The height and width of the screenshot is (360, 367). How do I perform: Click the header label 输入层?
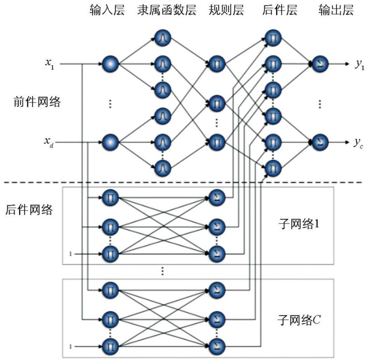click(x=107, y=10)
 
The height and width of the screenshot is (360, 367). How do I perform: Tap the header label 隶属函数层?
click(x=167, y=10)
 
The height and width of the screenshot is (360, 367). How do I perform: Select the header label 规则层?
click(x=226, y=10)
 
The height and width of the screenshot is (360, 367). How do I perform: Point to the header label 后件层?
click(x=280, y=10)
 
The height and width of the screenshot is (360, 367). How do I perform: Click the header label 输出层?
click(x=336, y=10)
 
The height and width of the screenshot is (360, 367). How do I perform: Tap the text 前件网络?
click(x=37, y=102)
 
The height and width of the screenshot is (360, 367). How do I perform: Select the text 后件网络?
click(x=29, y=209)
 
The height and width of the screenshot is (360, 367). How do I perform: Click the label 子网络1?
click(x=299, y=224)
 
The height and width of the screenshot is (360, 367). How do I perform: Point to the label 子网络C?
click(x=299, y=320)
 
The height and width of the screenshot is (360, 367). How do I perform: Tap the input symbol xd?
click(x=49, y=142)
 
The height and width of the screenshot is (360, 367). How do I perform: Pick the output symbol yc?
click(x=358, y=143)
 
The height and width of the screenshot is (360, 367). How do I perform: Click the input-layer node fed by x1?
click(x=111, y=64)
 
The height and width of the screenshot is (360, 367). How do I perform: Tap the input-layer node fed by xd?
click(x=111, y=142)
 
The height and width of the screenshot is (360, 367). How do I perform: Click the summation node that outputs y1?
click(x=320, y=64)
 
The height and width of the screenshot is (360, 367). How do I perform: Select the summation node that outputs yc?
click(x=320, y=142)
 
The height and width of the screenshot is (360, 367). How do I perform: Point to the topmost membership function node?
click(x=163, y=38)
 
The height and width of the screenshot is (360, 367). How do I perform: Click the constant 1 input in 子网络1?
click(x=70, y=254)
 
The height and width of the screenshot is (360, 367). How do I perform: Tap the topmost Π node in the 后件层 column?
click(x=273, y=38)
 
